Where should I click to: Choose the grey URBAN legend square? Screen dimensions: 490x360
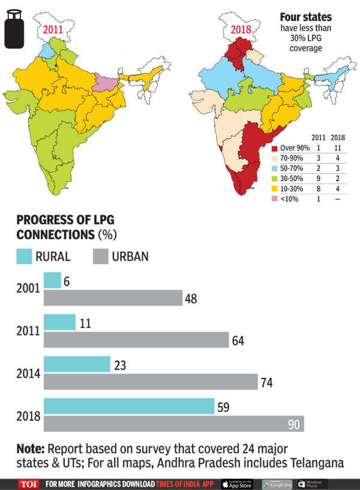[101, 256]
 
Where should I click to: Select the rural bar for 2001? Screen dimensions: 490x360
[52, 280]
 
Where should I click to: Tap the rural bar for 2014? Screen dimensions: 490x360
[77, 364]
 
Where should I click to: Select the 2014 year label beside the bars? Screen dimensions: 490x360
[28, 373]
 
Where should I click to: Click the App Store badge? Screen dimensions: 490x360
[238, 483]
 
